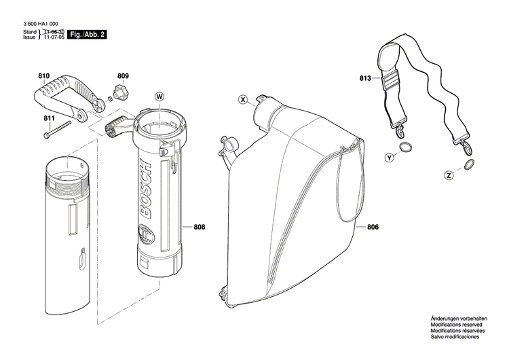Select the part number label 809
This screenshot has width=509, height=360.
pyautogui.click(x=122, y=75)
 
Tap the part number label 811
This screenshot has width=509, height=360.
pyautogui.click(x=49, y=119)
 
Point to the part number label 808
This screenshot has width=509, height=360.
pyautogui.click(x=199, y=227)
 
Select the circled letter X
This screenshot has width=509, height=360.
pyautogui.click(x=243, y=100)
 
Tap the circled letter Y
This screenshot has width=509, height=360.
pyautogui.click(x=389, y=158)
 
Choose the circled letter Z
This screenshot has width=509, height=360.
pyautogui.click(x=449, y=175)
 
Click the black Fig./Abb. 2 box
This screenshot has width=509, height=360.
pyautogui.click(x=89, y=34)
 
